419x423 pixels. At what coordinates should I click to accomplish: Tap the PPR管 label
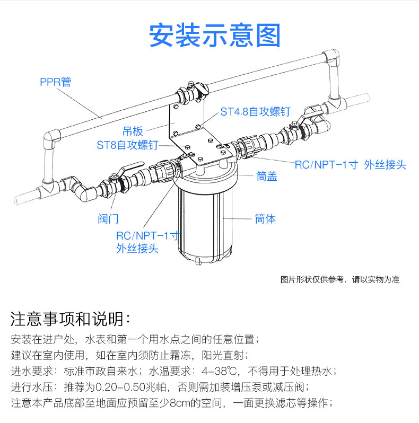click(55, 82)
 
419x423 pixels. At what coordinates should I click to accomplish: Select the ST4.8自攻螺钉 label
click(255, 112)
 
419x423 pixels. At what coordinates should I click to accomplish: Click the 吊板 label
click(133, 129)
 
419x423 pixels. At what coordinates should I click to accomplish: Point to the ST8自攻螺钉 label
click(128, 145)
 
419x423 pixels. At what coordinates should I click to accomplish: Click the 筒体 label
click(265, 218)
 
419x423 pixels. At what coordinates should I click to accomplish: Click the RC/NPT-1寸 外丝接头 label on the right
click(350, 165)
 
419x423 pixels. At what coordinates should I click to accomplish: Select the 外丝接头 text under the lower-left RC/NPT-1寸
click(137, 249)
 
